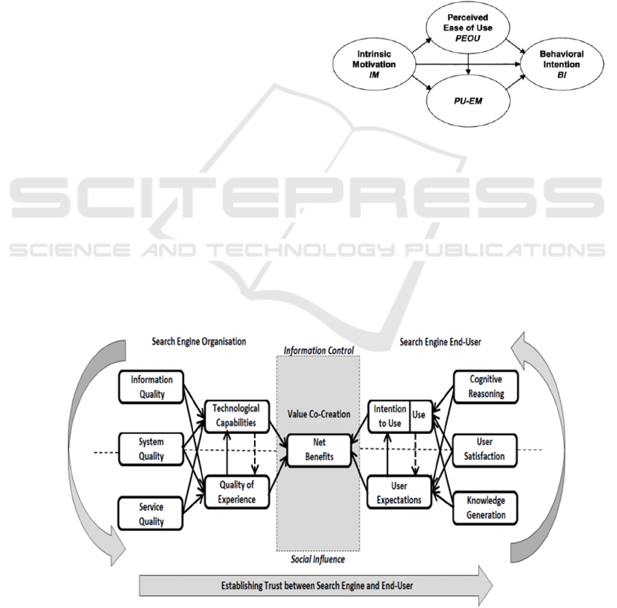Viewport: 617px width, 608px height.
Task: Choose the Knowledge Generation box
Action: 487,508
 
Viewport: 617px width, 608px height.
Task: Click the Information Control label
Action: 318,351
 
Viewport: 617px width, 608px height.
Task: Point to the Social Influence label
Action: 318,559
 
